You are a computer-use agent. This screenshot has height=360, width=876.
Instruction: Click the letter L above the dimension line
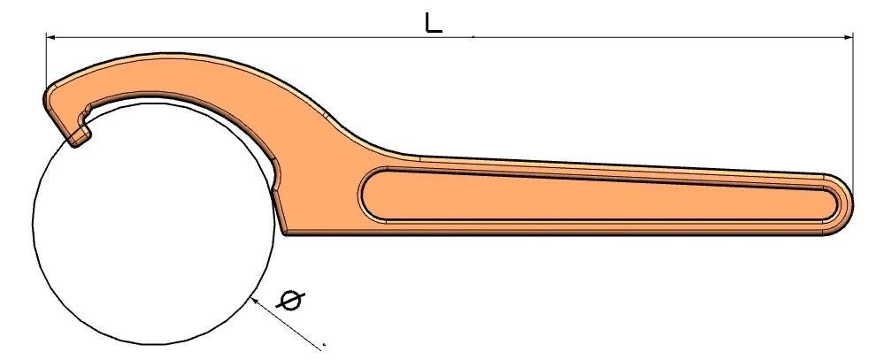pos(433,23)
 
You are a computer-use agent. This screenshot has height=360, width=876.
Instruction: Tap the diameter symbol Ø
pos(291,301)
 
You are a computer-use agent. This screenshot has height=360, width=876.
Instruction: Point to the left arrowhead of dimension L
pos(51,37)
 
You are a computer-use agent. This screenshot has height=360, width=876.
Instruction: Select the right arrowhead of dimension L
pos(848,37)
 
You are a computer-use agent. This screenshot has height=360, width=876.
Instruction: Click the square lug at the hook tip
pos(79,136)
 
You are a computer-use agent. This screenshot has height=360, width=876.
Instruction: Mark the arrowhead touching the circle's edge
pos(256,302)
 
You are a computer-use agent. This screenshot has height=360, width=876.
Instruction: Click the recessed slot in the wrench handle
pos(598,195)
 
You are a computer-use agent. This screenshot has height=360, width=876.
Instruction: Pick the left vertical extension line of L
pos(46,65)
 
